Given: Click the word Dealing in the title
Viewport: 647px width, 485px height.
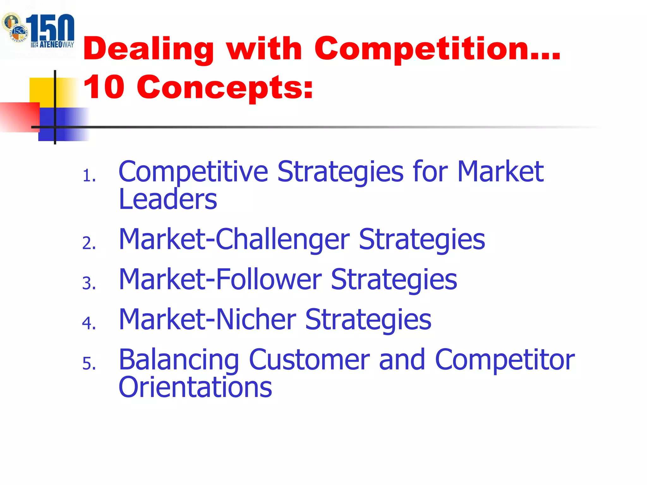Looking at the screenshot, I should [x=148, y=49].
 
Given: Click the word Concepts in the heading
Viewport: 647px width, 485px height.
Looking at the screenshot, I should [x=225, y=88].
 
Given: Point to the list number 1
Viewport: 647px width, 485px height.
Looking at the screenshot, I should [x=89, y=176].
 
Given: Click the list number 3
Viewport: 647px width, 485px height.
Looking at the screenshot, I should [x=89, y=283].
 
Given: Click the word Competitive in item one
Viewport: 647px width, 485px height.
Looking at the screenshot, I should [x=193, y=172].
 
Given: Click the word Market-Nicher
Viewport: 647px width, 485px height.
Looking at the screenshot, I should [x=207, y=320].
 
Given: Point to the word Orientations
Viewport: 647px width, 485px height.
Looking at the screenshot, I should [x=195, y=387].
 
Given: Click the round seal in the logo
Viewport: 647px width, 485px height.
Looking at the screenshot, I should [x=14, y=27].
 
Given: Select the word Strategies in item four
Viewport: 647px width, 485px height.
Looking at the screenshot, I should [x=368, y=320].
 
